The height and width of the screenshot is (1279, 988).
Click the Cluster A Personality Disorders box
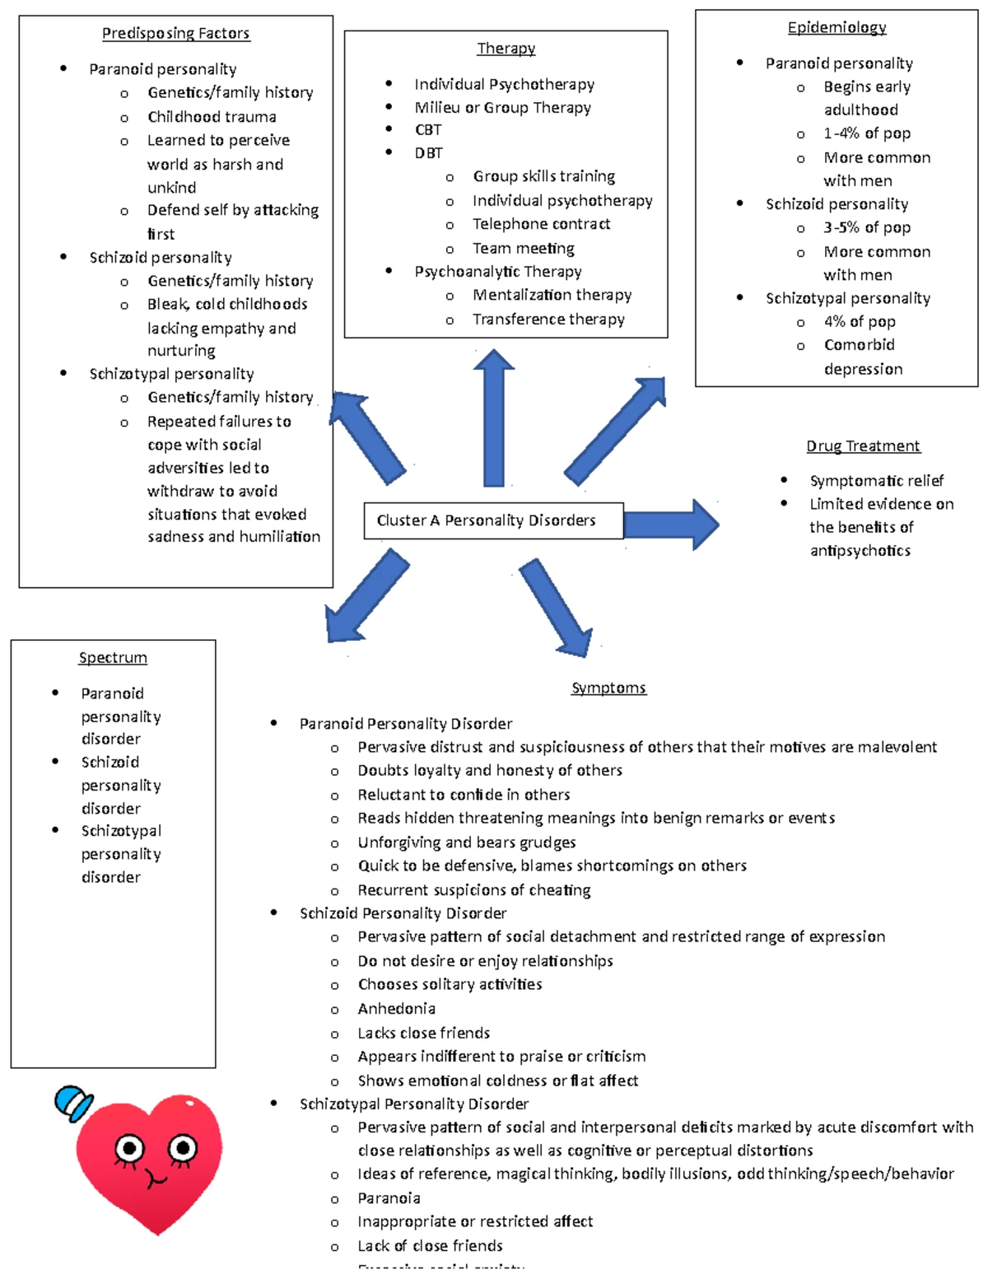492,520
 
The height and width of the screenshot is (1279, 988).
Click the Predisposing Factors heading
175,33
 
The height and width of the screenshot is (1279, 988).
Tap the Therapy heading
506,48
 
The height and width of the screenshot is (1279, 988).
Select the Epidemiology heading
837,27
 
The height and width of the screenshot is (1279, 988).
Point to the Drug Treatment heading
863,446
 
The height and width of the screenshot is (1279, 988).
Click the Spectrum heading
113,657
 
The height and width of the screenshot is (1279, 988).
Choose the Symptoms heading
608,688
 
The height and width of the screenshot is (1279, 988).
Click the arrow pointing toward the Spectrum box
366,598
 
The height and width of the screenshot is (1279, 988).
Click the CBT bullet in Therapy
428,129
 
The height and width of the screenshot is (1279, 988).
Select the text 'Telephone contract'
541,224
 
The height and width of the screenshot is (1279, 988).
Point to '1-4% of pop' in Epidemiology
866,133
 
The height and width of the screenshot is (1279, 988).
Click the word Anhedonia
396,1009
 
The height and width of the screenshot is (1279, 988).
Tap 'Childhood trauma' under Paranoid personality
212,117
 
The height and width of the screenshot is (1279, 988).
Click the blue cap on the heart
72,1103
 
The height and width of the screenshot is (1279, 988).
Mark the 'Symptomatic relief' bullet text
876,480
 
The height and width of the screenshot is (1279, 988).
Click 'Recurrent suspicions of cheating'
473,890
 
